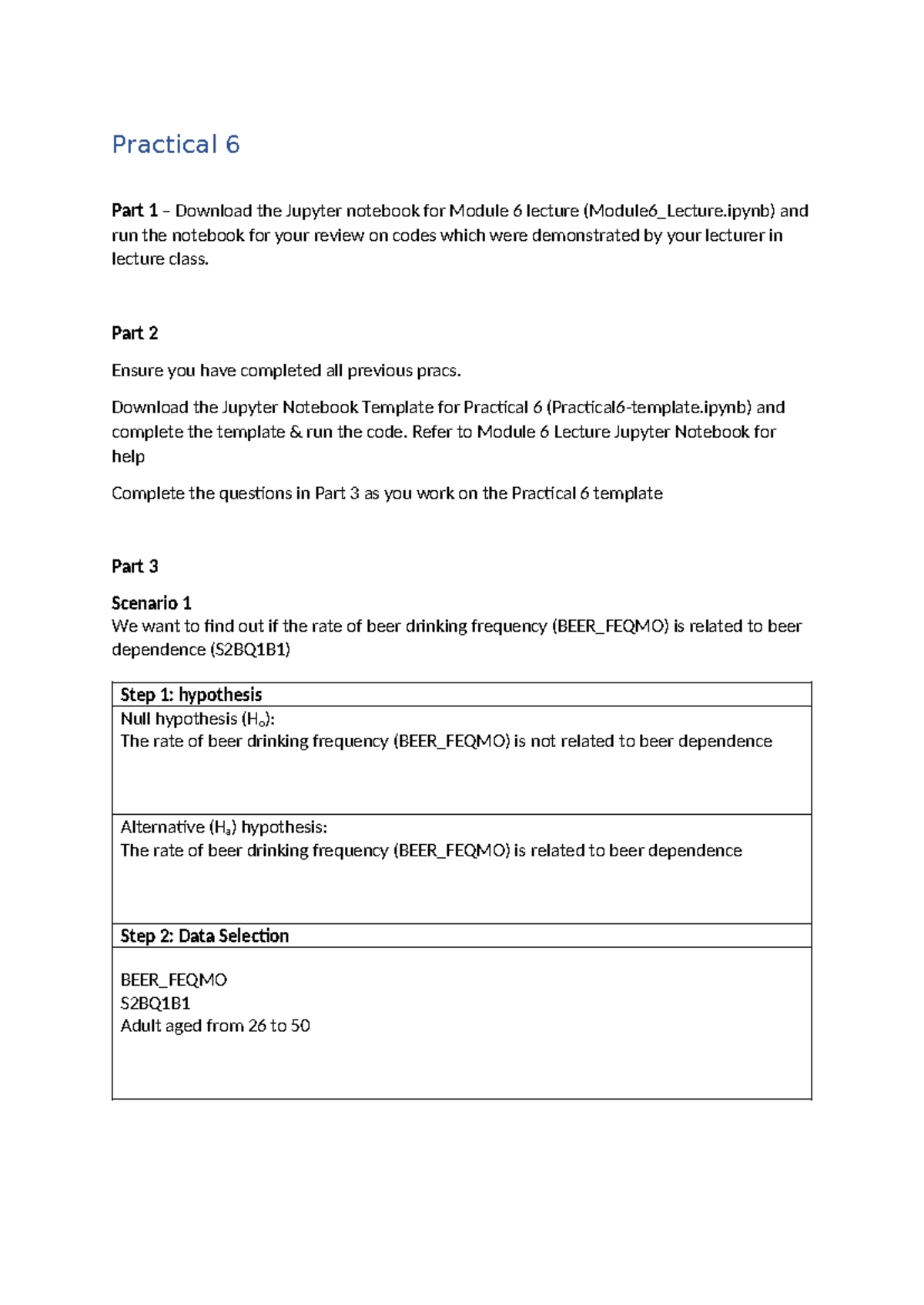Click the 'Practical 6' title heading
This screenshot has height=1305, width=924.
[x=176, y=145]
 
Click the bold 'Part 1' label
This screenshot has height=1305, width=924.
[x=134, y=211]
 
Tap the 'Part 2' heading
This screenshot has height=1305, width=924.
[x=135, y=333]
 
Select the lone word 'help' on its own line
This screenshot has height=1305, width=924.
[x=128, y=456]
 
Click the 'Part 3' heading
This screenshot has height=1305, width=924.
[x=135, y=566]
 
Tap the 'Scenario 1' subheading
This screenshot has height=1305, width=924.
[x=151, y=602]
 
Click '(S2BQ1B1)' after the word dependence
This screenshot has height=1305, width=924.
[x=249, y=649]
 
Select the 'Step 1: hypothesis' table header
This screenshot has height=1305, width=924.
[x=191, y=695]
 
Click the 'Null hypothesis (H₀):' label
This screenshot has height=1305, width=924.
[x=197, y=719]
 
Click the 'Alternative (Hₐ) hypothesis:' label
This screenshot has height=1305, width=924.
[x=223, y=827]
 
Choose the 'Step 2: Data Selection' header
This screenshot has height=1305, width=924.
[x=204, y=936]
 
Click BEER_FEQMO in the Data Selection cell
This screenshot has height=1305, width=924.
[x=173, y=980]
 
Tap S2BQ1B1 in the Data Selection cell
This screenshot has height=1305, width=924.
[x=155, y=1003]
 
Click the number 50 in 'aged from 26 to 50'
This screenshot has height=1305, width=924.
[x=300, y=1026]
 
